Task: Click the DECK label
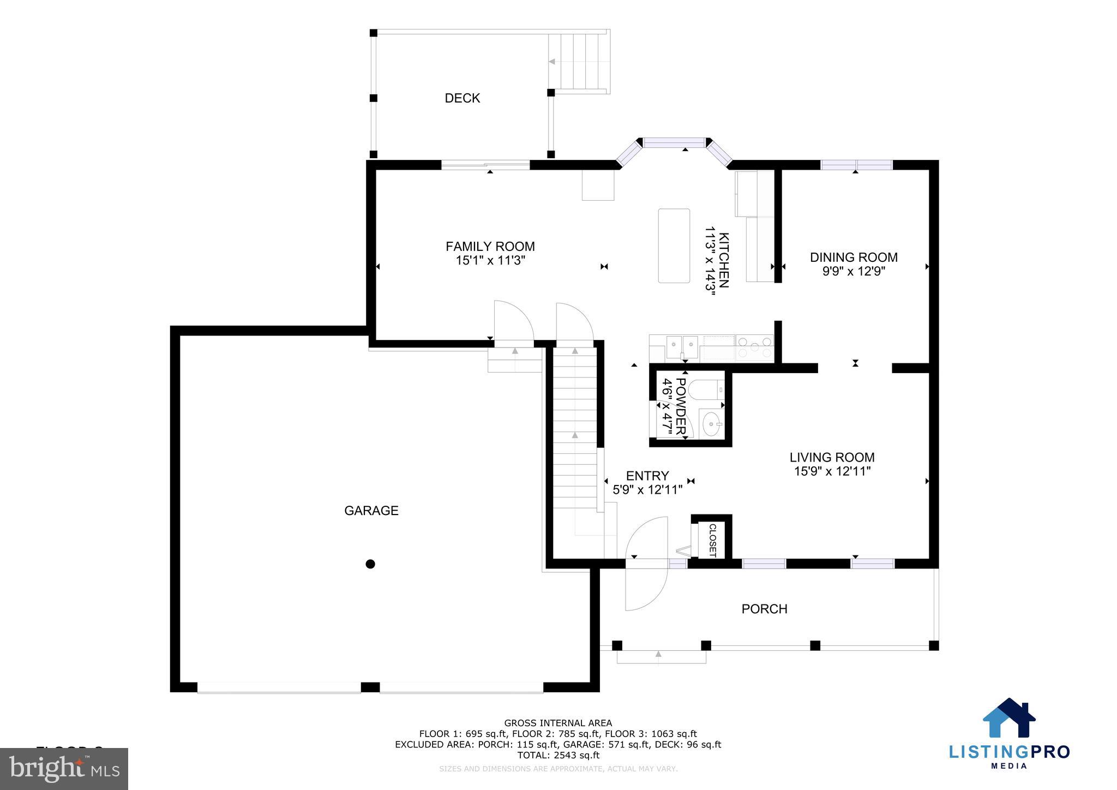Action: [x=462, y=98]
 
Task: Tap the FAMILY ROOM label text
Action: [x=490, y=247]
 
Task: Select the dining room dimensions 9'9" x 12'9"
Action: [x=854, y=271]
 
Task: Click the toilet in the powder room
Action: [x=704, y=390]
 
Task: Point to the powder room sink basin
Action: [x=711, y=424]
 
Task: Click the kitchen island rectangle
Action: [x=674, y=246]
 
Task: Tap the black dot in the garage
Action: [x=370, y=564]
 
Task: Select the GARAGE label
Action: [x=371, y=511]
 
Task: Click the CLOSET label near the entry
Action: [x=712, y=540]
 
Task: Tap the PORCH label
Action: [x=764, y=609]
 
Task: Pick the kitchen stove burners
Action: [x=754, y=348]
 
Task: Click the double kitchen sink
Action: [x=682, y=345]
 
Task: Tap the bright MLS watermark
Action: [x=64, y=768]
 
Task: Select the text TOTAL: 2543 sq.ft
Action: [x=558, y=755]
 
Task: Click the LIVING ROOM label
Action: [x=832, y=458]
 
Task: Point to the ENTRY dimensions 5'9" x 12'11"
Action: [x=647, y=490]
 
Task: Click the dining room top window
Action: [x=856, y=165]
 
